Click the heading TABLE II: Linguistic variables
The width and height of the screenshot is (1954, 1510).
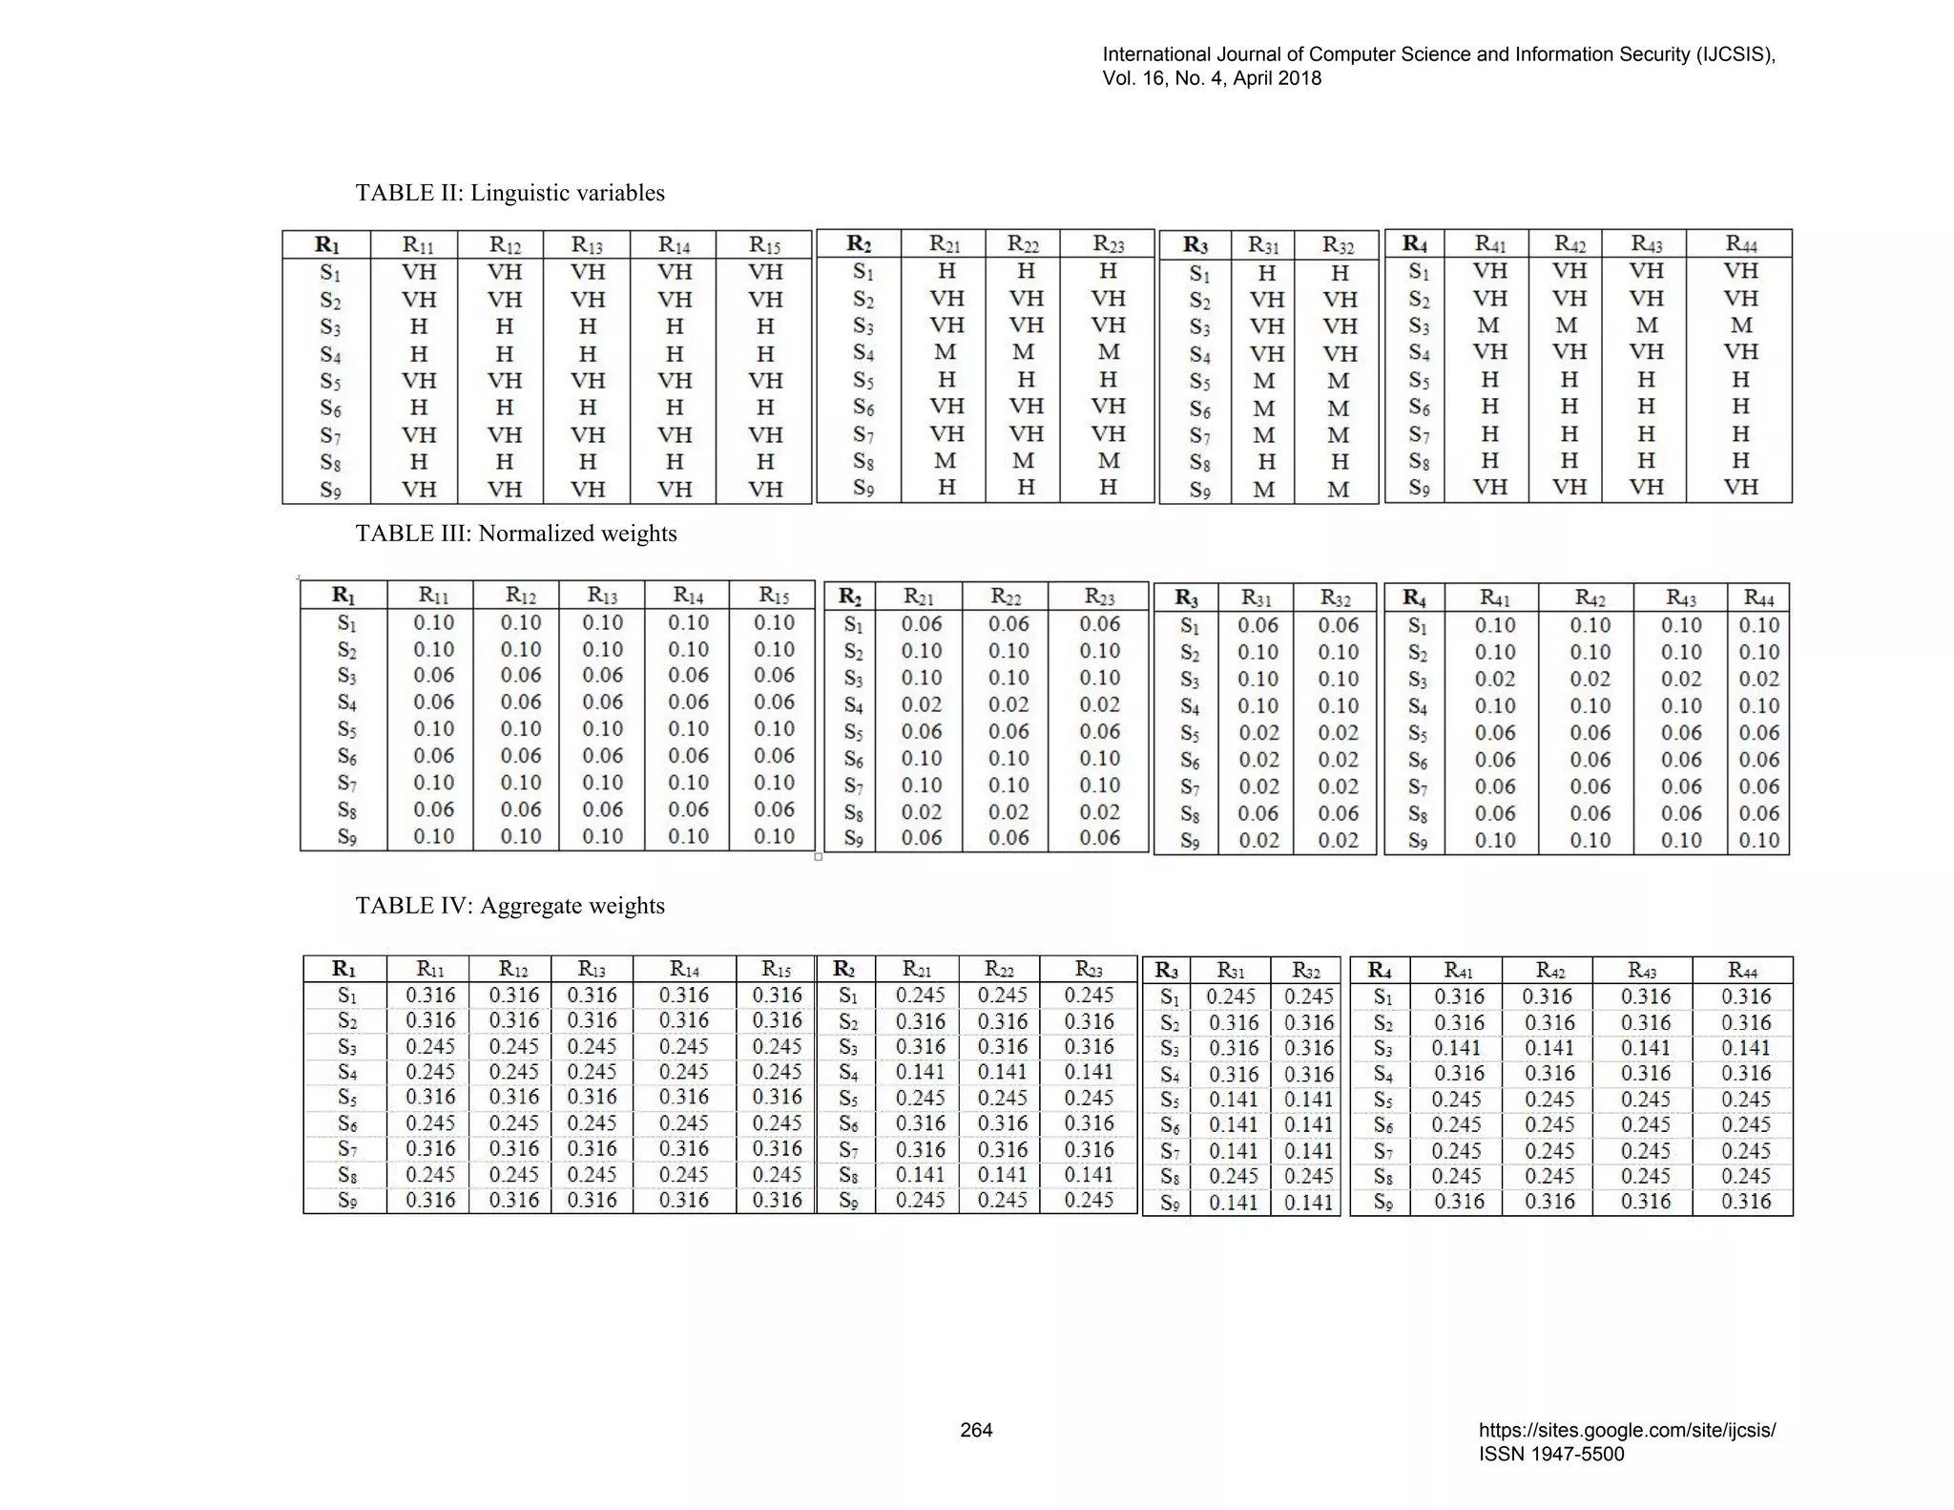(x=509, y=193)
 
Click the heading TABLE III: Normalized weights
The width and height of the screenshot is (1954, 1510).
(x=516, y=534)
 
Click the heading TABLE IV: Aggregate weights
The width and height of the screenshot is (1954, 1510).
(x=509, y=906)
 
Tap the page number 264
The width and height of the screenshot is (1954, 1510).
(x=976, y=1430)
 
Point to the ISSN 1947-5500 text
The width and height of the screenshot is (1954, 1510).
(x=1550, y=1454)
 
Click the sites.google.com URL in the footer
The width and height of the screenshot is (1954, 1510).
(x=1627, y=1430)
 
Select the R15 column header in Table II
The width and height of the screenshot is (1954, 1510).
(x=765, y=244)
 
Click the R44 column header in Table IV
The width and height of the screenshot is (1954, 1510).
(x=1742, y=970)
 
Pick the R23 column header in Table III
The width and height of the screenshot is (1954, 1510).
(x=1099, y=597)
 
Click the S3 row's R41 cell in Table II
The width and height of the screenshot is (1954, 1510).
(x=1488, y=325)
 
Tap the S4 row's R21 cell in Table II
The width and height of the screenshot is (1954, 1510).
(x=946, y=352)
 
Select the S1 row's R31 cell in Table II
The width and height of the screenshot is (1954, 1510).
(x=1266, y=274)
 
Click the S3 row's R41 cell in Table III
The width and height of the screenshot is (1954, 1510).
(x=1494, y=679)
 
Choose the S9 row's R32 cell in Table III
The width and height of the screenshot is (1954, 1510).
(x=1338, y=841)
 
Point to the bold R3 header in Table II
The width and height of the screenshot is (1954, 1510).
(x=1195, y=245)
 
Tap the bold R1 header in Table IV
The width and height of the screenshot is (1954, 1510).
(x=343, y=969)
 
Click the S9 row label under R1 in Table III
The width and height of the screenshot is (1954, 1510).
(x=346, y=837)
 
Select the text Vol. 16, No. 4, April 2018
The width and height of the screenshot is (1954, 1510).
(x=1212, y=78)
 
